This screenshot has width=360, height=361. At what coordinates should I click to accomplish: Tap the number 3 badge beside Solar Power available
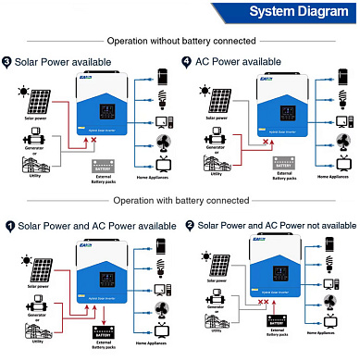click(x=7, y=61)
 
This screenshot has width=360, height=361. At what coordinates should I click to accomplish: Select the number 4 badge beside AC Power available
click(x=187, y=61)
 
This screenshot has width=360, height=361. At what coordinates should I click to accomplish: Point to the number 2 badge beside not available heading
click(x=190, y=225)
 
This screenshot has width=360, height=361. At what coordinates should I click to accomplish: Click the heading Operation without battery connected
click(x=180, y=41)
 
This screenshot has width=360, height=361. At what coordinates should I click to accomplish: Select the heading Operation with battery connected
click(x=180, y=200)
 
